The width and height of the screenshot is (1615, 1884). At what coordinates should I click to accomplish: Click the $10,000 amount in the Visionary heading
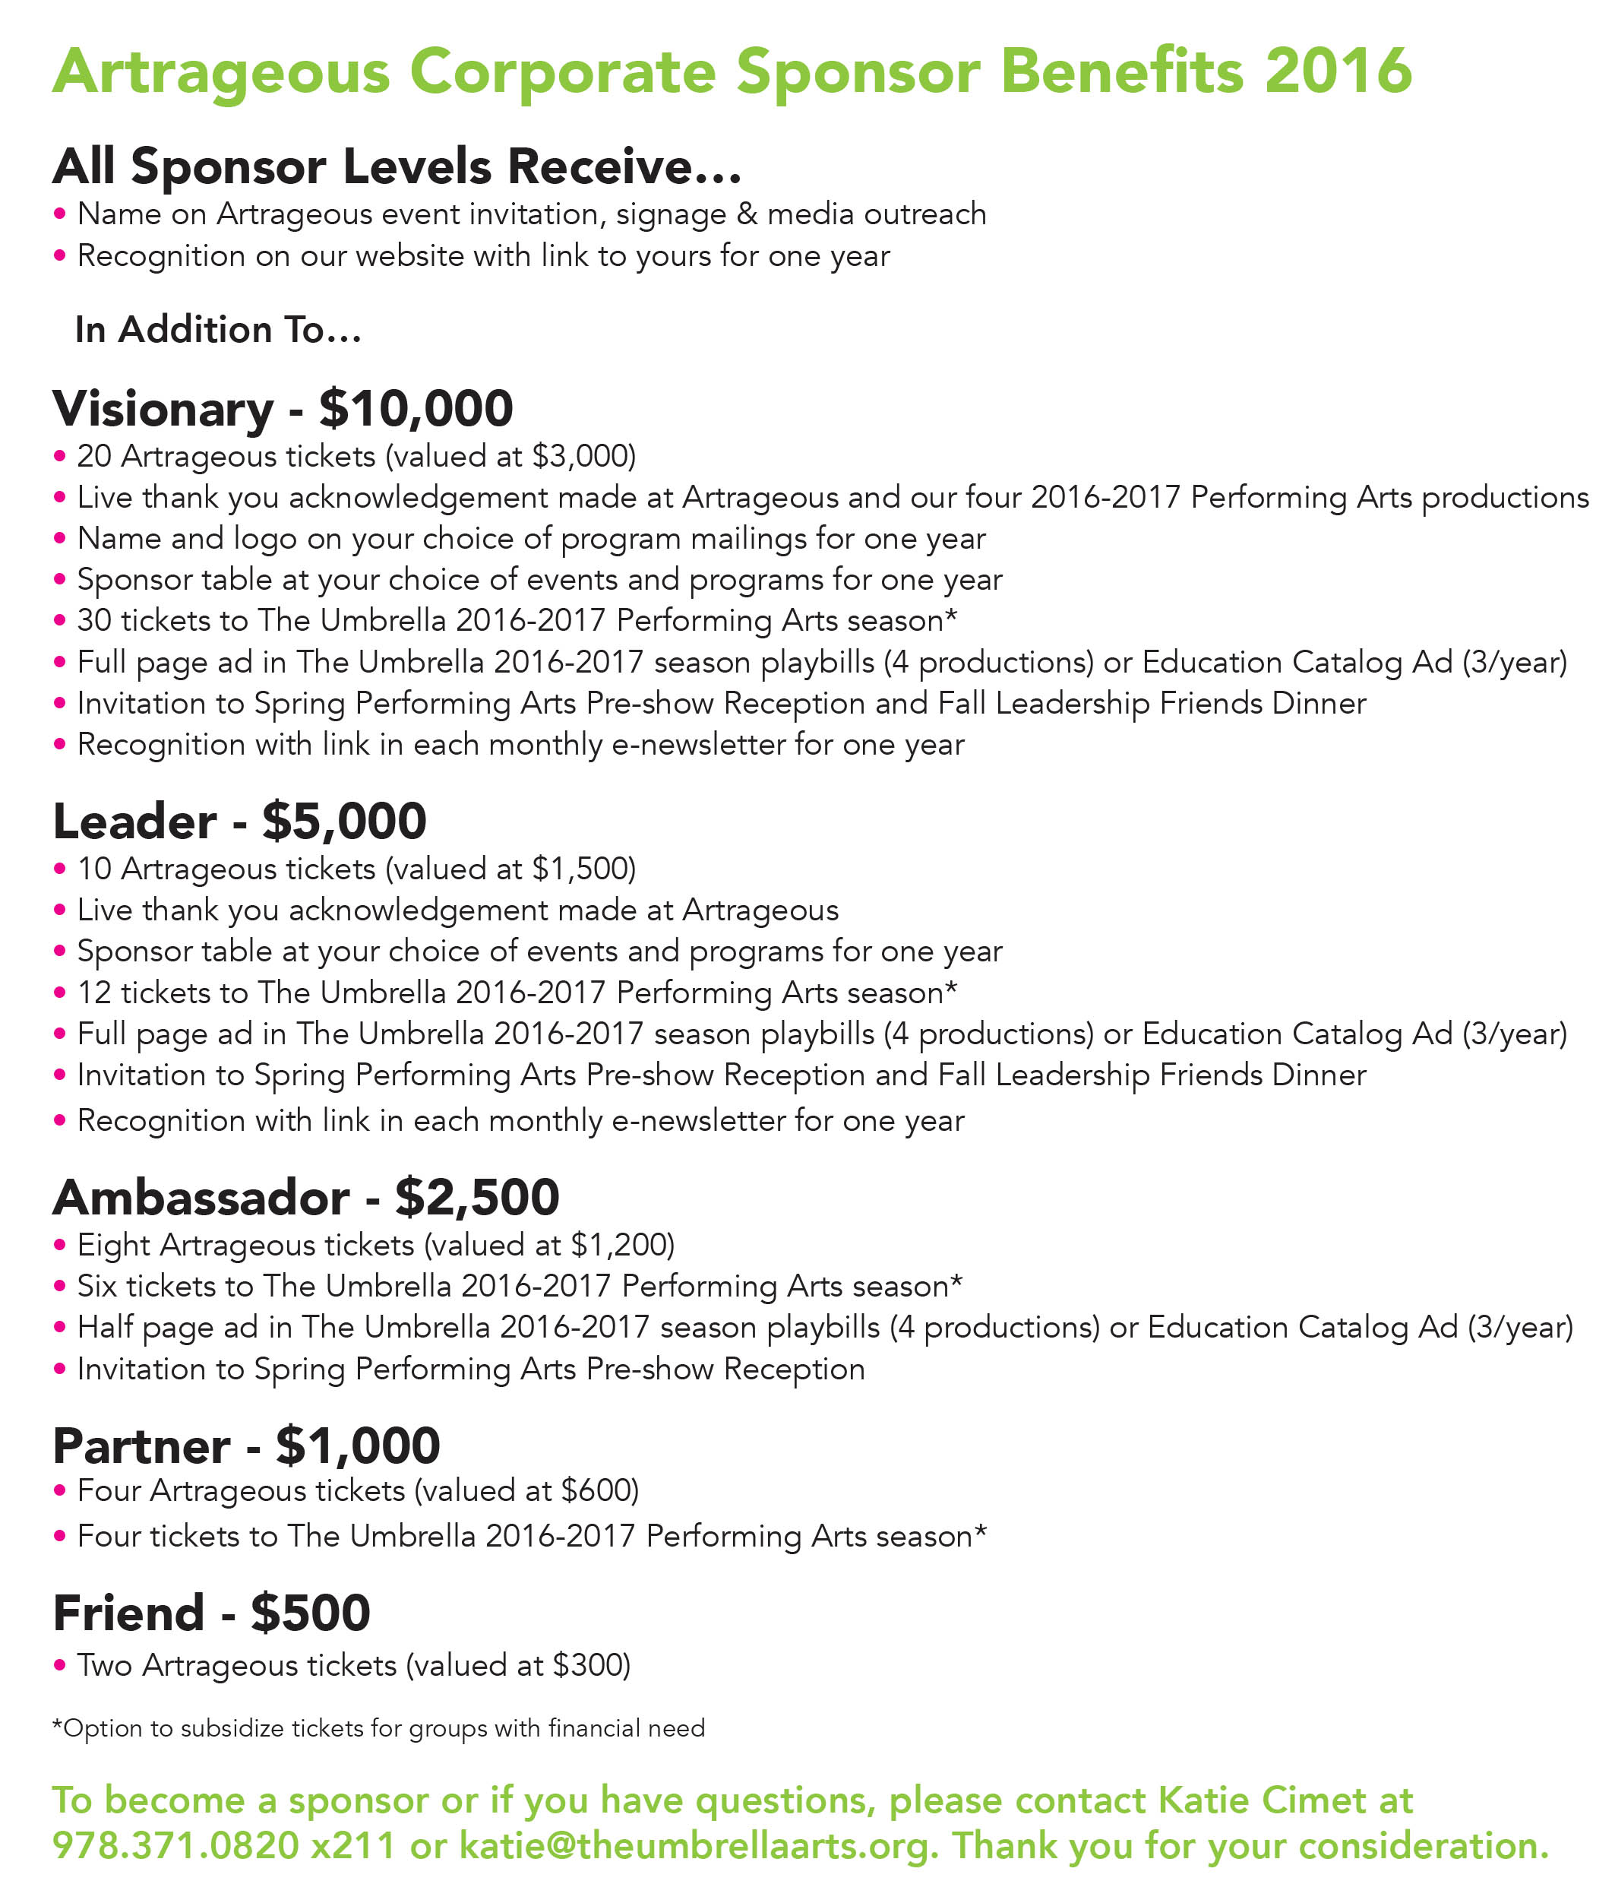[x=416, y=408]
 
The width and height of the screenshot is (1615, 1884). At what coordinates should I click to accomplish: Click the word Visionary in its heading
[x=163, y=408]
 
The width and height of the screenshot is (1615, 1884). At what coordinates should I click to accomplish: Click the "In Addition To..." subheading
[x=218, y=329]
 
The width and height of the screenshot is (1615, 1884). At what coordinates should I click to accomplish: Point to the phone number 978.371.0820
[x=175, y=1845]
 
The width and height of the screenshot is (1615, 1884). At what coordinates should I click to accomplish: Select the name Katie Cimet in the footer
[x=1254, y=1800]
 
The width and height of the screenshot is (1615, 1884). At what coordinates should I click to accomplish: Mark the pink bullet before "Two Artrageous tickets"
[x=60, y=1665]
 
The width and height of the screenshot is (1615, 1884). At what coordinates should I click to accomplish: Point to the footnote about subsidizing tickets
[x=378, y=1727]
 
